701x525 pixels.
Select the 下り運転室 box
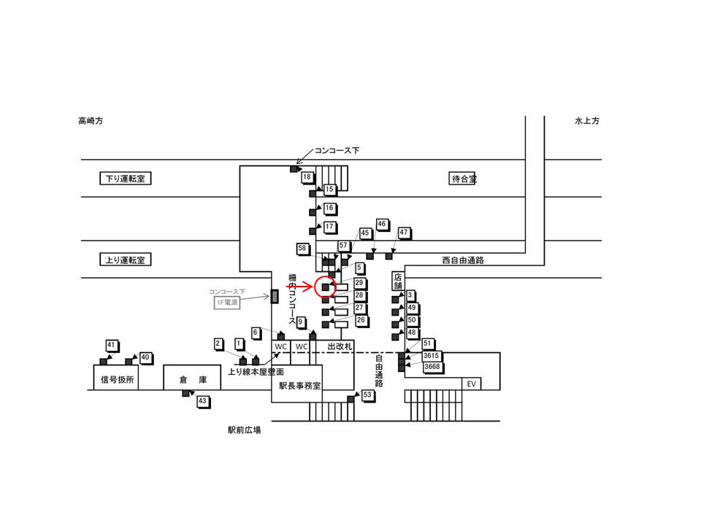(x=125, y=179)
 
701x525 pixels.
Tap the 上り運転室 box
(x=125, y=260)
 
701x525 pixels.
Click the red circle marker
(x=325, y=287)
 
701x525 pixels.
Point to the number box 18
(x=307, y=177)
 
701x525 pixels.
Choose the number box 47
(x=403, y=233)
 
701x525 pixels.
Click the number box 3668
(x=432, y=367)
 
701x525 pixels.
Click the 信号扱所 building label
(x=115, y=380)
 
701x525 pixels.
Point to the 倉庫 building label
(x=189, y=380)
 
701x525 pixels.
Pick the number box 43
(x=203, y=401)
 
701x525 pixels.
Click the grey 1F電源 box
(x=227, y=302)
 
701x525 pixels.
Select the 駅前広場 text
(x=244, y=430)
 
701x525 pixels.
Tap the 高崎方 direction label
(x=91, y=121)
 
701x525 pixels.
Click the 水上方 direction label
(x=586, y=121)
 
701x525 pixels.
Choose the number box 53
(x=367, y=394)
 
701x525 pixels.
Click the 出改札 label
(x=340, y=345)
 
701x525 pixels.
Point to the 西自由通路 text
(x=463, y=260)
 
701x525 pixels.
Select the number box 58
(x=302, y=249)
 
